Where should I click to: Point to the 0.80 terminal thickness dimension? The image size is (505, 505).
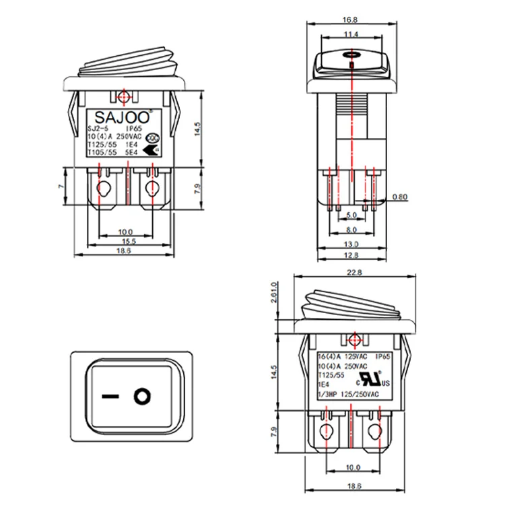(400, 197)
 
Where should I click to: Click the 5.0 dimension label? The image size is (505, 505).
(351, 215)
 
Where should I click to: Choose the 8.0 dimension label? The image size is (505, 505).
(351, 230)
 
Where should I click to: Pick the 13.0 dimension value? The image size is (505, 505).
(351, 244)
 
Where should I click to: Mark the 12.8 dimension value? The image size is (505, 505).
(351, 256)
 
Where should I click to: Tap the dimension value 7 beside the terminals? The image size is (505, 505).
(60, 187)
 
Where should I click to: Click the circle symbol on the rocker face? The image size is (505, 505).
(141, 395)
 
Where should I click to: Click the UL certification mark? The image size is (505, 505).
(374, 376)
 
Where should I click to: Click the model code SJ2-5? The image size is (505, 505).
(99, 126)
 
